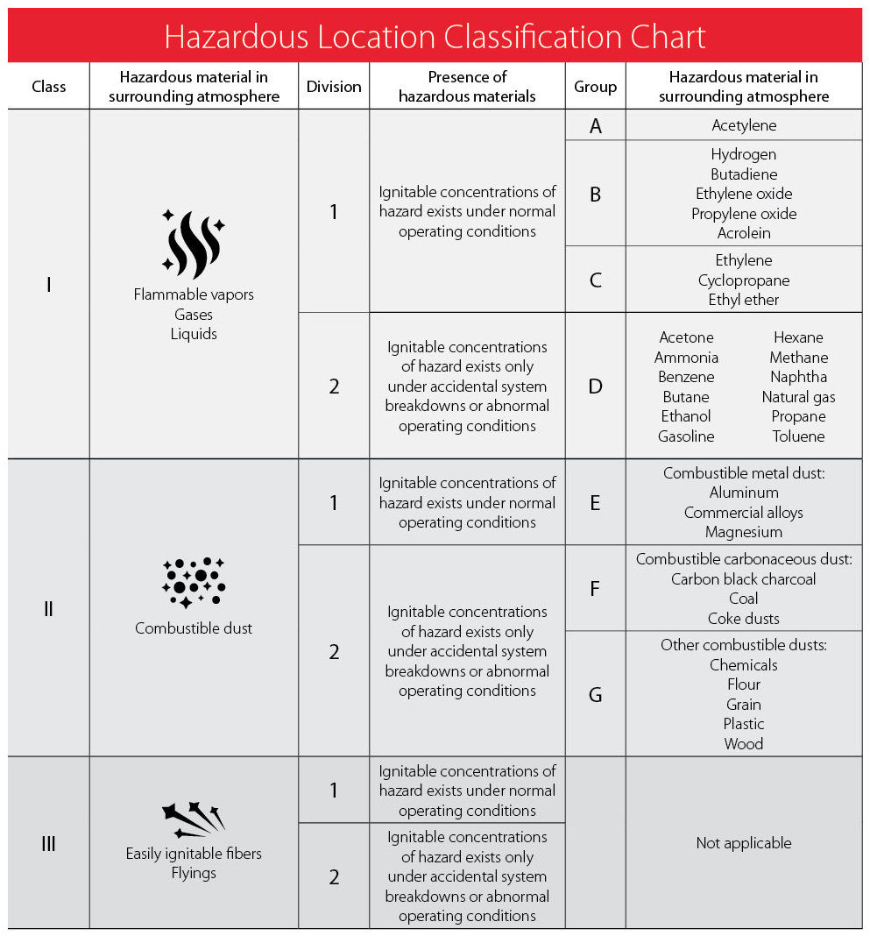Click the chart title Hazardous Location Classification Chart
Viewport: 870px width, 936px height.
click(435, 37)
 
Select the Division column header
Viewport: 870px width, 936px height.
click(334, 87)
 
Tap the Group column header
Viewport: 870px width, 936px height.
click(595, 87)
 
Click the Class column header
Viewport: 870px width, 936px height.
click(49, 87)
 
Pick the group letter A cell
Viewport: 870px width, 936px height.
click(596, 126)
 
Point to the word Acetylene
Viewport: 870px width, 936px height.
click(744, 125)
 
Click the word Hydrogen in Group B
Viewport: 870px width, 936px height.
click(744, 154)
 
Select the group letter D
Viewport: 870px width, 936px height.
click(596, 386)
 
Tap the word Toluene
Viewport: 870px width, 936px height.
click(798, 436)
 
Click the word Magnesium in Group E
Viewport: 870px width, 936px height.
click(744, 532)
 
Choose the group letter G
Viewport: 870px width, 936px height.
click(596, 695)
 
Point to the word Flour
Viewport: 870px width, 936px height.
click(744, 684)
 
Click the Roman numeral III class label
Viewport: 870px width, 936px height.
click(49, 844)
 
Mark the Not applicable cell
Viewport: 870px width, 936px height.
click(744, 843)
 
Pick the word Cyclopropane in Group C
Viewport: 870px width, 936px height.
click(744, 280)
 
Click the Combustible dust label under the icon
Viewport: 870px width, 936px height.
click(194, 628)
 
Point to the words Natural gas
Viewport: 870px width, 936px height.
click(798, 397)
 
